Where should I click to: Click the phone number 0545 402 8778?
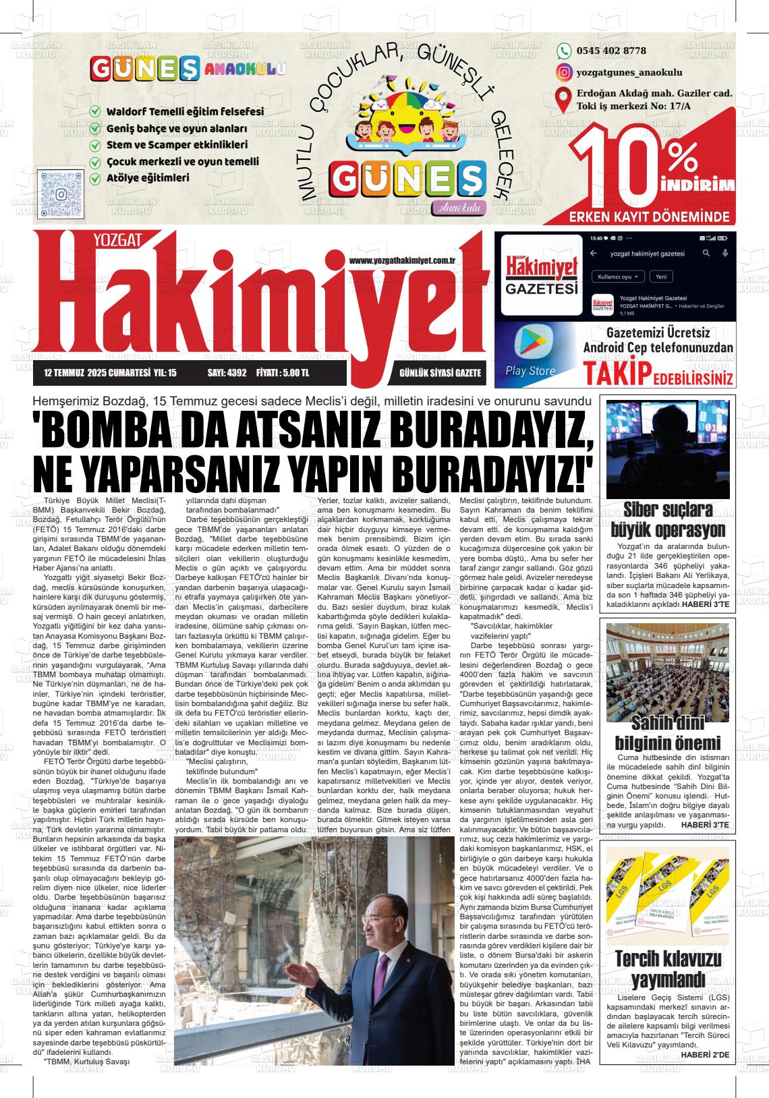pyautogui.click(x=611, y=51)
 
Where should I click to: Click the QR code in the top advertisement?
pyautogui.click(x=61, y=194)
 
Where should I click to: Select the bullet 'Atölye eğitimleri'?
pyautogui.click(x=148, y=179)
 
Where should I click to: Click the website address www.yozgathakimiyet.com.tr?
pyautogui.click(x=403, y=261)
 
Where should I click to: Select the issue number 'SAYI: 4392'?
pyautogui.click(x=227, y=372)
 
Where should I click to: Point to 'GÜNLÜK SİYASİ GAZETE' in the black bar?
pyautogui.click(x=440, y=372)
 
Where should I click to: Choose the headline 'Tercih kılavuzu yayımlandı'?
pyautogui.click(x=668, y=968)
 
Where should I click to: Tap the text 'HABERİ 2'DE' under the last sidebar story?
pyautogui.click(x=704, y=1054)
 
